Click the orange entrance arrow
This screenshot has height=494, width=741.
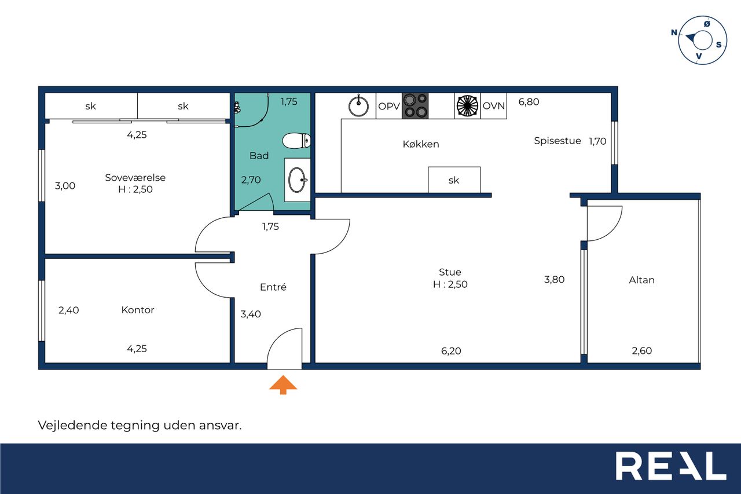point(283,385)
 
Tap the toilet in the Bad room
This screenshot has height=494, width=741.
point(296,141)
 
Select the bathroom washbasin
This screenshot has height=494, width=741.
point(298,180)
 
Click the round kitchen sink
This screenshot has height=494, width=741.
point(358,105)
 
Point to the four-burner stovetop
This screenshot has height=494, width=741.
point(415,105)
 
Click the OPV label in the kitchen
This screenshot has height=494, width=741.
point(389,106)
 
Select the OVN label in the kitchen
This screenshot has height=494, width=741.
point(494,106)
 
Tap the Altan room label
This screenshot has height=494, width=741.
point(641,280)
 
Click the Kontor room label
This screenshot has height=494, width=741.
point(138,310)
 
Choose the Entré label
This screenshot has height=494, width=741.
point(273,287)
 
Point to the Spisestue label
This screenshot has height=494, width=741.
point(557,141)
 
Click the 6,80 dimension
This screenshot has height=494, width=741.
point(529,102)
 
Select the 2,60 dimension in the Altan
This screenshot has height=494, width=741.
point(642,350)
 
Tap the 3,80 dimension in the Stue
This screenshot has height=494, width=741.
point(554,280)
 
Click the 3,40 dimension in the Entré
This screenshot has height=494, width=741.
point(251,314)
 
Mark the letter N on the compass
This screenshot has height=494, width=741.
point(674,32)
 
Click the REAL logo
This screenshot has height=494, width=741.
point(670,466)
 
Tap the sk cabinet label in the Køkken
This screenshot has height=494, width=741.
point(453,180)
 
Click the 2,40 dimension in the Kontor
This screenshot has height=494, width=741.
point(68,310)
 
